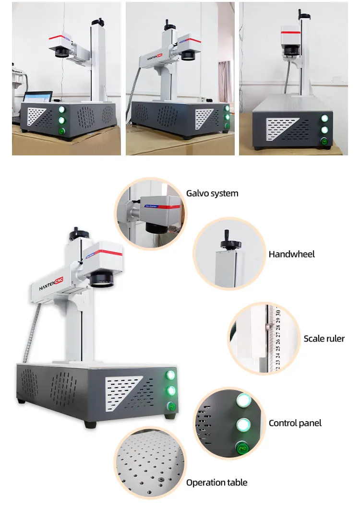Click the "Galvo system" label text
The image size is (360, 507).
212,194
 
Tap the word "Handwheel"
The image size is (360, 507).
291,254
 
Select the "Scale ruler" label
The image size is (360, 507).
324,339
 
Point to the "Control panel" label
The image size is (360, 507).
295,423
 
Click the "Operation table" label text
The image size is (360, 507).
217,482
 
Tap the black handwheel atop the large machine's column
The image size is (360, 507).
78,234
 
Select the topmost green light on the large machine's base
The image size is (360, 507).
170,375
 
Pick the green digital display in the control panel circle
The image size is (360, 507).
242,449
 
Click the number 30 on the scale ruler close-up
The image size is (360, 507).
278,312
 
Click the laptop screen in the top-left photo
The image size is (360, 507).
37,97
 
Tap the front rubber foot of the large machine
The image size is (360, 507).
92,424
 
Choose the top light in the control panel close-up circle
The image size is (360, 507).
243,401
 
